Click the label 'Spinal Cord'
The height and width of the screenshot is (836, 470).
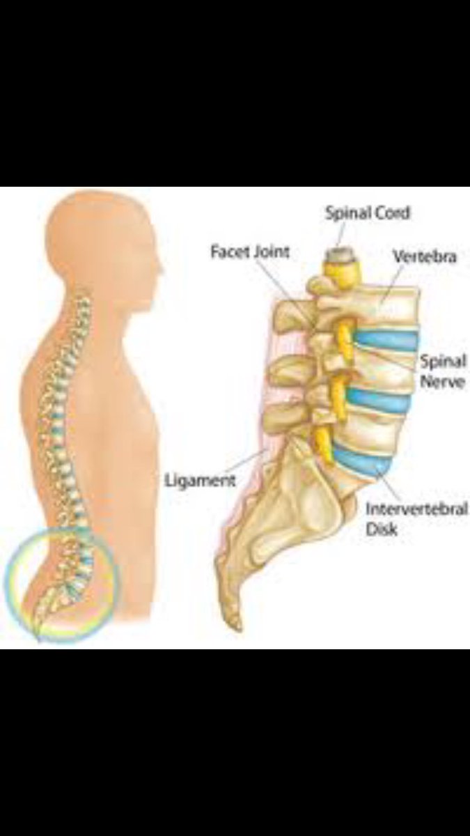pos(367,212)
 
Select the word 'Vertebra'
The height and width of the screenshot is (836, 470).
pos(424,256)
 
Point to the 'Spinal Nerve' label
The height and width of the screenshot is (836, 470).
pos(441,371)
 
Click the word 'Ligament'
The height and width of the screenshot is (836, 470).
pos(200,479)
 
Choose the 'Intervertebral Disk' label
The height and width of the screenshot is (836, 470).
pos(416,518)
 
